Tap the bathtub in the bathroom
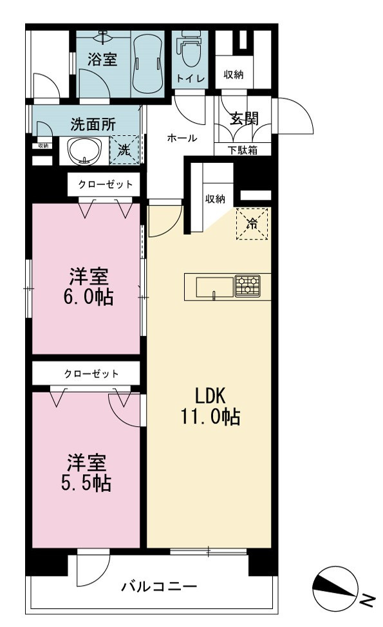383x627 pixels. pos(148,65)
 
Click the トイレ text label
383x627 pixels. pos(191,78)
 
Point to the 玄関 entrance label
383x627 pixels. pos(244,118)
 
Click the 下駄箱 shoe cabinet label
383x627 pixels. pos(243,150)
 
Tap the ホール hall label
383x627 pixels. pos(182,138)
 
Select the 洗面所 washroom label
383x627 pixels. pos(93,124)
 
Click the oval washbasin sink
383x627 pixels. pos(84,151)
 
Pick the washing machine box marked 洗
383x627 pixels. pos(124,151)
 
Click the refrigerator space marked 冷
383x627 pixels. pos(252,224)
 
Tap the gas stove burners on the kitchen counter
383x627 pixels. pos(247,286)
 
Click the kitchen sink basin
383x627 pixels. pos(214,286)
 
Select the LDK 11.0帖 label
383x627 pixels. pos(210,406)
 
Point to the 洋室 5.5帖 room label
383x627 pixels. pos(86,473)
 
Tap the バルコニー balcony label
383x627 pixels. pos(159,586)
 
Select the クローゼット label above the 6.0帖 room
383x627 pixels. pos(106,184)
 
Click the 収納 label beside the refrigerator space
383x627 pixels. pos(215,198)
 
